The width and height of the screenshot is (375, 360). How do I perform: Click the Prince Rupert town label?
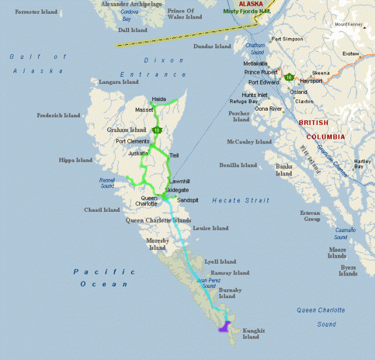point(261,72)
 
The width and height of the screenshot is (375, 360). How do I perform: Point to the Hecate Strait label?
point(240,201)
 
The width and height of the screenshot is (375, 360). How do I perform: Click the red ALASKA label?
point(251,3)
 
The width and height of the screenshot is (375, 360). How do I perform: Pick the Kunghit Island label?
point(251,333)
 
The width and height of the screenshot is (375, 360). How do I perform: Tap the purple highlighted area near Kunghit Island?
point(224,327)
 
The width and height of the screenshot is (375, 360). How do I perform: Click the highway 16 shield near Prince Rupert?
point(288,77)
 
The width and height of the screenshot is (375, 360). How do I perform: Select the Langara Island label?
point(117,82)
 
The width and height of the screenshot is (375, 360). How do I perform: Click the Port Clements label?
point(133,141)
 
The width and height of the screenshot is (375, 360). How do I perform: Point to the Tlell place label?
point(174,155)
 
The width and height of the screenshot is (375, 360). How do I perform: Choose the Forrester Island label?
point(36,12)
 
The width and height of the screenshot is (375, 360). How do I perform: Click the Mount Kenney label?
point(348,24)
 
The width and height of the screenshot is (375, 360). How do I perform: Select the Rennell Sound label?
point(107,183)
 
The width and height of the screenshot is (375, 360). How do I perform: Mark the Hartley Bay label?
point(362,164)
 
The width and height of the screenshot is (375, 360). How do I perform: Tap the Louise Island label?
point(211,228)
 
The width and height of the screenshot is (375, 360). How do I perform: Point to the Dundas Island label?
point(212,46)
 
